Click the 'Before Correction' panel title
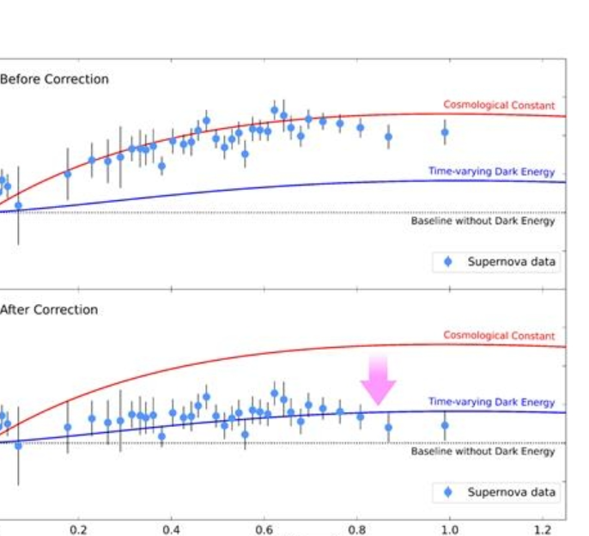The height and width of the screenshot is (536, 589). point(54,79)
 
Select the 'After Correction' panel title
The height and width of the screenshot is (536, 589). point(49,309)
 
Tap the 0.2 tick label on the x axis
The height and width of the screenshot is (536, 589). point(79,529)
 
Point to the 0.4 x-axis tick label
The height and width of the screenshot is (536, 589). point(172,529)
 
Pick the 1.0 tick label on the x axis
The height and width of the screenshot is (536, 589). point(450,529)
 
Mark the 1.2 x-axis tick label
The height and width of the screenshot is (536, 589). point(543,529)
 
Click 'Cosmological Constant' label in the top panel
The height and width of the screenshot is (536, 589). point(499,105)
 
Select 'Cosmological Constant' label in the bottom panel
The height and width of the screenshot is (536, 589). point(499,336)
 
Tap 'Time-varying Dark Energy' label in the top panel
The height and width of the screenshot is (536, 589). point(491,172)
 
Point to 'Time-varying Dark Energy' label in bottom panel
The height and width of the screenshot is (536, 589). point(491,402)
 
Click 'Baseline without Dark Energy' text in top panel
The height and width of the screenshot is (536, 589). point(483,221)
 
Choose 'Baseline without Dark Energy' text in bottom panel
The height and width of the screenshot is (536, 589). point(483,452)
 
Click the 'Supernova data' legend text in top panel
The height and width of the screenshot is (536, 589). point(512,261)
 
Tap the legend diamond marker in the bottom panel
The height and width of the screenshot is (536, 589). point(447,492)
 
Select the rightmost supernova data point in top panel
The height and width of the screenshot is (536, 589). point(445,131)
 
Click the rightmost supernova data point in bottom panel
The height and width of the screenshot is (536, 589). point(445,424)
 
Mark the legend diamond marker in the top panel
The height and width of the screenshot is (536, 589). point(447,261)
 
